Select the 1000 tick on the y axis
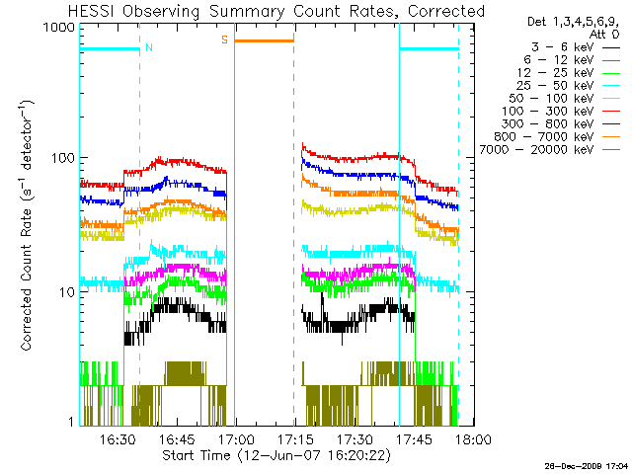[61, 27]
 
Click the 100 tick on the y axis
[64, 158]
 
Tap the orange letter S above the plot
[225, 39]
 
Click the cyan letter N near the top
[148, 46]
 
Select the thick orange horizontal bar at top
[265, 40]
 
